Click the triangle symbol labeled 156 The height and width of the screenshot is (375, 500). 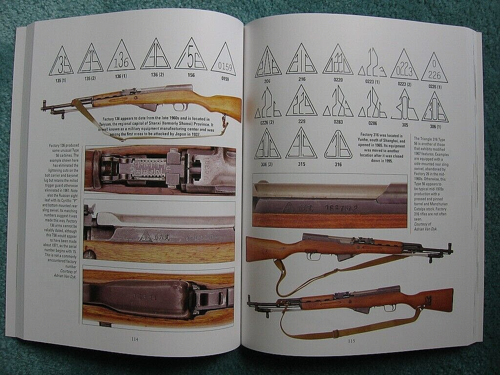pos(191,55)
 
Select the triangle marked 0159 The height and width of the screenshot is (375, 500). pos(223,59)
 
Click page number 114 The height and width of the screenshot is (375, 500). pos(134,339)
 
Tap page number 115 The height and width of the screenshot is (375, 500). pos(351,341)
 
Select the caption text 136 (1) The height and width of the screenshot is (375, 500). pos(121,76)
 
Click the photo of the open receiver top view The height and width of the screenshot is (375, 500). pos(160,169)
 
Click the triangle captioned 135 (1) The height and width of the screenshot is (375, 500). pos(61,63)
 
